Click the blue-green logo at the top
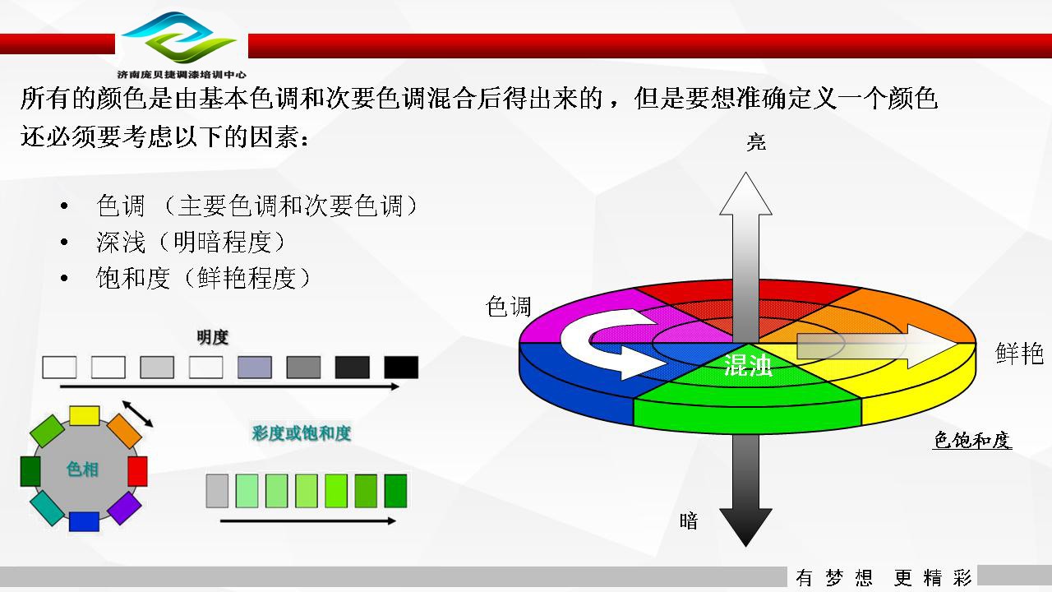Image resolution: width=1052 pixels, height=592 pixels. click(179, 38)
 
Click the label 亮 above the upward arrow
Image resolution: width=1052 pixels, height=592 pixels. click(756, 142)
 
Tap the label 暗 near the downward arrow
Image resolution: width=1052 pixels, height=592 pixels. click(689, 521)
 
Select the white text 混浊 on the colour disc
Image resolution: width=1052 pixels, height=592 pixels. click(748, 365)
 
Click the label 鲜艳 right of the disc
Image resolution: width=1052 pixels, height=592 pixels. click(1019, 354)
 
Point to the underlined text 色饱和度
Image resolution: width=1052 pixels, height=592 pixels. click(971, 440)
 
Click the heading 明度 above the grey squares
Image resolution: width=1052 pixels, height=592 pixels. click(212, 337)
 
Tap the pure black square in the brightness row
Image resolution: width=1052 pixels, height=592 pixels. click(401, 367)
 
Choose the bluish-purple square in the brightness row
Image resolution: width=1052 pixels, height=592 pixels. click(255, 367)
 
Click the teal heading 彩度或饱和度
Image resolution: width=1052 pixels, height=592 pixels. click(301, 433)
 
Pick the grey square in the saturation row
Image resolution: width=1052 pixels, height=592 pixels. click(217, 491)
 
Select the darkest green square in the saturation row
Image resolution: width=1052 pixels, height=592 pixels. click(395, 491)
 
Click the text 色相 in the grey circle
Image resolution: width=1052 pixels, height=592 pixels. click(82, 469)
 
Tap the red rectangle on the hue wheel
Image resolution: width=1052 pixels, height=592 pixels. click(137, 471)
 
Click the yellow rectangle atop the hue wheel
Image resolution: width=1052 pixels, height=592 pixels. click(85, 416)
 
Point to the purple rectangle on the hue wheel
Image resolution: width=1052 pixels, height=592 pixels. click(124, 508)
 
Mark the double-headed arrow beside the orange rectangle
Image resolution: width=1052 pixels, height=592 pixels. click(137, 414)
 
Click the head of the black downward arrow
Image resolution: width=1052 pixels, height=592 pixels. click(745, 525)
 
